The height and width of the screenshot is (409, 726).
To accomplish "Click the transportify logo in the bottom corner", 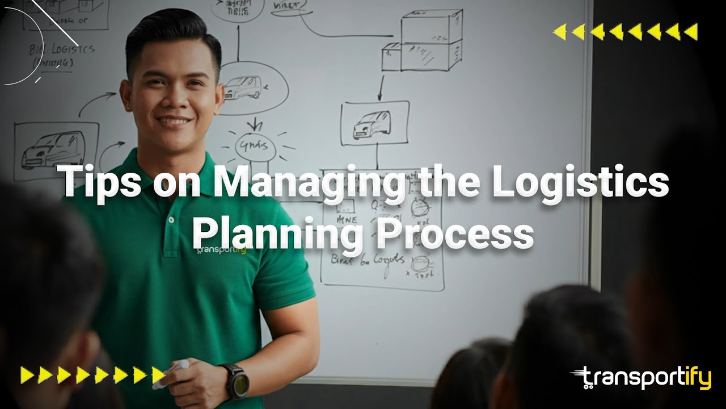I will (x=641, y=378).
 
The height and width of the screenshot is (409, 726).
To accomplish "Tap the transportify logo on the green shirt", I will (x=221, y=249).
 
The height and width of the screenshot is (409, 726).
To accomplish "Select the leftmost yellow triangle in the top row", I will (x=559, y=32).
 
